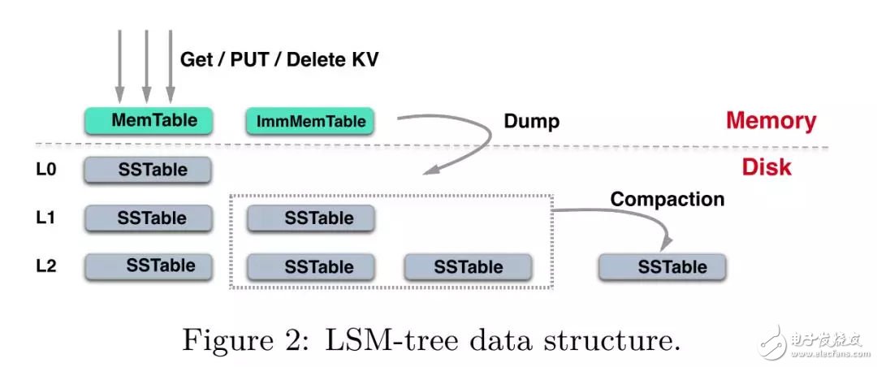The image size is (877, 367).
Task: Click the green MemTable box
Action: tap(148, 120)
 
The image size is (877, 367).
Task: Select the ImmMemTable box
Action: tap(310, 122)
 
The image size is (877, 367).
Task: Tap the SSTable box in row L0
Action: tap(148, 170)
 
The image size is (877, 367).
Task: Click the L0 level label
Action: tap(45, 170)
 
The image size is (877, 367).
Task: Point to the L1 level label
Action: tap(45, 218)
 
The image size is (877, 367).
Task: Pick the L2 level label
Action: tap(45, 266)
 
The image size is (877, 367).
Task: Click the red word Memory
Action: tap(771, 121)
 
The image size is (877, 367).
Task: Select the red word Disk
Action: tap(766, 168)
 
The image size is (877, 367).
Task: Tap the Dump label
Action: tap(531, 121)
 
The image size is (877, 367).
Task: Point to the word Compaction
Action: tap(667, 198)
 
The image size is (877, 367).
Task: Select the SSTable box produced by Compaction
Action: tap(662, 266)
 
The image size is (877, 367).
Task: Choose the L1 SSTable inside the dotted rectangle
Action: tap(310, 218)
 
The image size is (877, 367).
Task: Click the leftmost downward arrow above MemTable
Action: tap(120, 65)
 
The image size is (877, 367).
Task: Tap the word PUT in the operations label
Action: tap(243, 58)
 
